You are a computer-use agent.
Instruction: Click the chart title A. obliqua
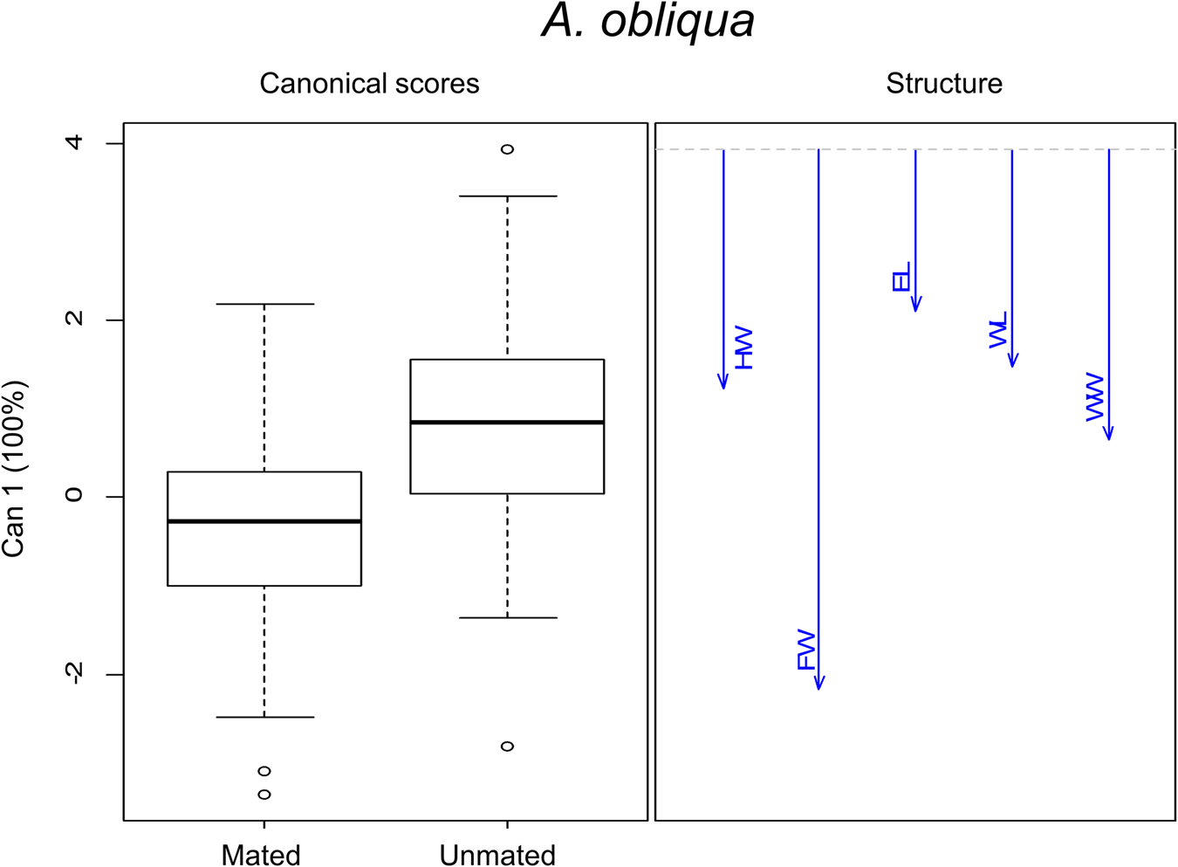[x=647, y=21]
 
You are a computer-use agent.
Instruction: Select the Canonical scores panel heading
[x=369, y=84]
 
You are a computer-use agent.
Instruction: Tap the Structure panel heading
[x=943, y=84]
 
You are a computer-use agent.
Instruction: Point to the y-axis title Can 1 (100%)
[x=15, y=469]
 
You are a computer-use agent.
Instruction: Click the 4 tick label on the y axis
[x=74, y=142]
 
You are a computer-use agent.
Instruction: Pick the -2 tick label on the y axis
[x=74, y=673]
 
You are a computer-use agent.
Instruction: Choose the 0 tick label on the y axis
[x=74, y=496]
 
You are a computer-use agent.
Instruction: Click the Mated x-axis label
[x=261, y=855]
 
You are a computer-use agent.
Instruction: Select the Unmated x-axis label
[x=497, y=855]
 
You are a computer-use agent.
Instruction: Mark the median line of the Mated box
[x=264, y=521]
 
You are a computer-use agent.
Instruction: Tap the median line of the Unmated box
[x=507, y=423]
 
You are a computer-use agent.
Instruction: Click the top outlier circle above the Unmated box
[x=507, y=149]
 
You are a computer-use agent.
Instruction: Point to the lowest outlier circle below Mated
[x=264, y=795]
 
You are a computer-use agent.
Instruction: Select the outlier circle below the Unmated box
[x=507, y=747]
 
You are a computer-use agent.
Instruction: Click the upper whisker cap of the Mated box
[x=264, y=304]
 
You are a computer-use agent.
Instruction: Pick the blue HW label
[x=743, y=348]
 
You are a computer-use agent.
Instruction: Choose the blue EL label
[x=901, y=277]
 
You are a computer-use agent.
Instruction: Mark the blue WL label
[x=998, y=330]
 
